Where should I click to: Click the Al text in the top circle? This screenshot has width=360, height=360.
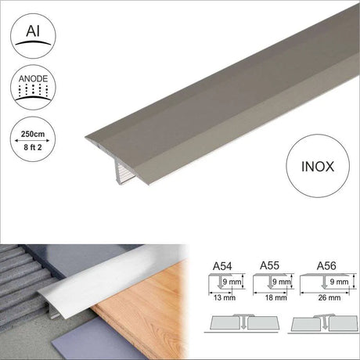coord(33,31)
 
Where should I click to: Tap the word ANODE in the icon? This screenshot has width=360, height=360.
coord(33,79)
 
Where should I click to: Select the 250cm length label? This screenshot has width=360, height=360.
coord(33,134)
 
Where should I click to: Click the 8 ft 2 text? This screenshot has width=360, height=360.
coord(33,147)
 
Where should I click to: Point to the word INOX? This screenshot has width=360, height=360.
coord(318,167)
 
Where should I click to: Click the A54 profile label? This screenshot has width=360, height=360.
coord(222,266)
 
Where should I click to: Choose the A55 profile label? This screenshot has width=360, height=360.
coord(269,265)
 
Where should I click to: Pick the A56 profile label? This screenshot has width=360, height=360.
coord(326,266)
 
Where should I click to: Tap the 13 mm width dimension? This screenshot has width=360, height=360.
coord(225,297)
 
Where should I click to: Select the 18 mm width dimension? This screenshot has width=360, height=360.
coord(276,297)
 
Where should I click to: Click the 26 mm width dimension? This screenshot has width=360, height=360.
coord(329,297)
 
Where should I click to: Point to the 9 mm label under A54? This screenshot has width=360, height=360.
coord(232,282)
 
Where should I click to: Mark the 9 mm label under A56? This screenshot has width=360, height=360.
coord(339,282)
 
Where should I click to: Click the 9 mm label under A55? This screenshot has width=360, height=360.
coord(282,282)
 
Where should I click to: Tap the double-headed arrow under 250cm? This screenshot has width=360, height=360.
coord(32,141)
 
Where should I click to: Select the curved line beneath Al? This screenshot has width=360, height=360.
coord(33,42)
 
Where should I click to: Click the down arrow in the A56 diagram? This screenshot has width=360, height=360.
coord(325,283)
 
